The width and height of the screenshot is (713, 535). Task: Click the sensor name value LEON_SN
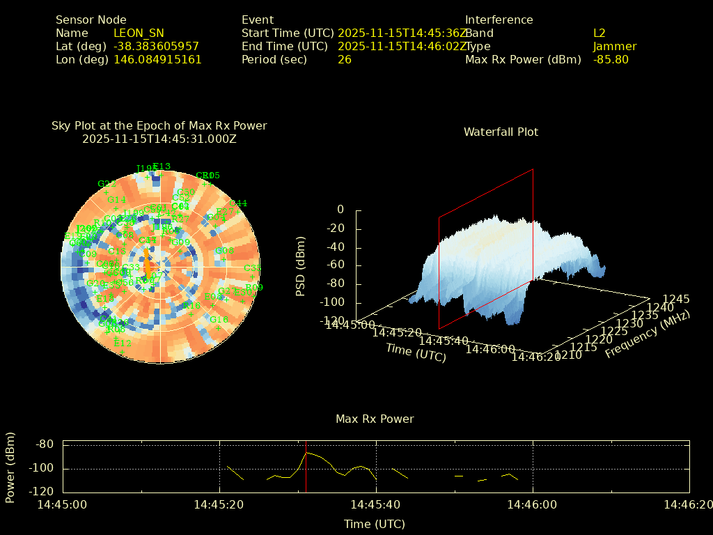pos(139,33)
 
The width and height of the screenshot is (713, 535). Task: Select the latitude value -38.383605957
pos(156,47)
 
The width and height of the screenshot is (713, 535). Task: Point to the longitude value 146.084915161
pos(157,60)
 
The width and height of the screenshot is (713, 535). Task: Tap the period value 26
pos(345,60)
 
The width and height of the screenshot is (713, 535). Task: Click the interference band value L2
pos(600,33)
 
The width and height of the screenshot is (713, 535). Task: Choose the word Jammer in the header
pos(615,47)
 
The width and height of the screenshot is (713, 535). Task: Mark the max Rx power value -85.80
pos(611,60)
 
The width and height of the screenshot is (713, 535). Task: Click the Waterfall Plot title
pos(501,132)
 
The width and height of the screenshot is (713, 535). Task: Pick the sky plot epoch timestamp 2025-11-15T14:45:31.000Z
pos(159,139)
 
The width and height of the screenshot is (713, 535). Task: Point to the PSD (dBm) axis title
pos(301,265)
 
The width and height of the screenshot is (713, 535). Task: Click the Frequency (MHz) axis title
pos(647,335)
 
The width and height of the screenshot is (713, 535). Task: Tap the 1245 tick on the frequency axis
pos(676,300)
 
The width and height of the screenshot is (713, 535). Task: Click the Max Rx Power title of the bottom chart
pos(375,419)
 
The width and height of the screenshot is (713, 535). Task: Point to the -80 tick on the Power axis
pos(45,444)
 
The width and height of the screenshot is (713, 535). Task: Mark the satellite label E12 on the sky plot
pos(123,343)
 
